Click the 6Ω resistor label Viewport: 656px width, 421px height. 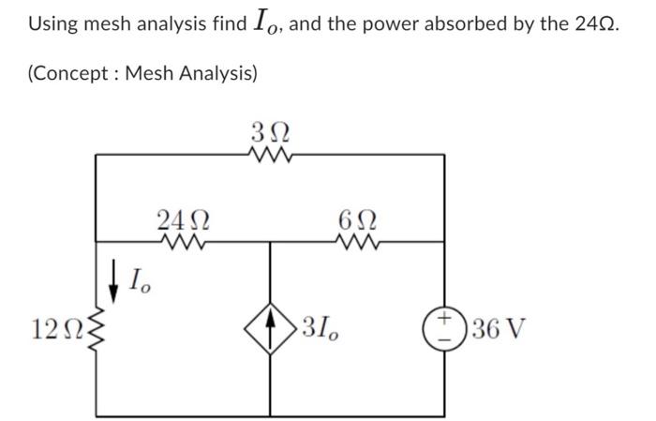click(360, 221)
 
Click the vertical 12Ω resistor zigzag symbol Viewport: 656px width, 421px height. click(97, 329)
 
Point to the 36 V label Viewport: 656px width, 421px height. click(498, 330)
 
